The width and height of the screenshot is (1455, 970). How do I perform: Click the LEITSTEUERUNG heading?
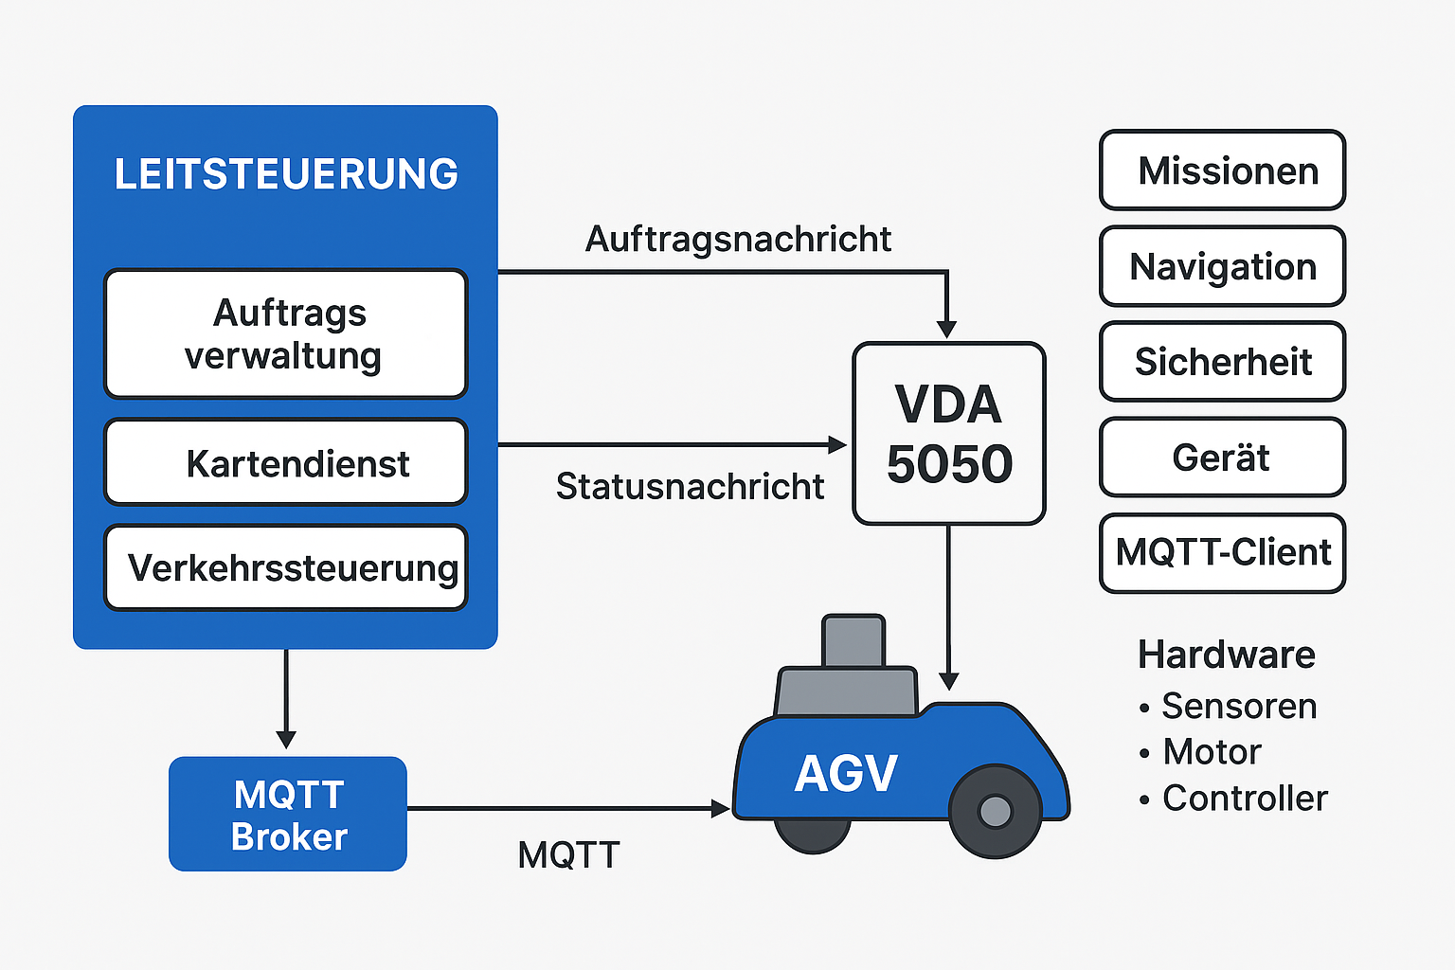pos(286,174)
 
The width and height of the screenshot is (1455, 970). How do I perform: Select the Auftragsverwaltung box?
pos(285,333)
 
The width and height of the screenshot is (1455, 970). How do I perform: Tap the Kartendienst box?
pos(285,462)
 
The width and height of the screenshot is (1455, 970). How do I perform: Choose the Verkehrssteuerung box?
pos(285,567)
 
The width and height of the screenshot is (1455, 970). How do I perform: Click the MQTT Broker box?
pos(288,814)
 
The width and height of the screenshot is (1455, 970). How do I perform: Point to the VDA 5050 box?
pos(949,434)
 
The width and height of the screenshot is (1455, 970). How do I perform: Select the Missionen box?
pos(1222,171)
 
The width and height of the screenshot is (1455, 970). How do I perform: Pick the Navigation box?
pos(1222,266)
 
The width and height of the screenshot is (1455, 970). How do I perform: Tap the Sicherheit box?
pos(1222,362)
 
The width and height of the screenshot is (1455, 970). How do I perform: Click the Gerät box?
pos(1222,458)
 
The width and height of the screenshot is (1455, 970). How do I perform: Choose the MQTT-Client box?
pos(1222,553)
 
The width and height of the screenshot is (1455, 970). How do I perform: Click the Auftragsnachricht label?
pos(738,239)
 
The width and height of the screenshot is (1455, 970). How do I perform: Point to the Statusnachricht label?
pos(690,486)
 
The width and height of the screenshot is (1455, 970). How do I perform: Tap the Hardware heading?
pos(1227,655)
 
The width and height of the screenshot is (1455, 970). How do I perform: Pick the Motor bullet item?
pos(1212,751)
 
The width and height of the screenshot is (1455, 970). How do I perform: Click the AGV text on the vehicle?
pos(845,774)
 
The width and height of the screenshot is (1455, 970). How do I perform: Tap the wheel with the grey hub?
pos(995,811)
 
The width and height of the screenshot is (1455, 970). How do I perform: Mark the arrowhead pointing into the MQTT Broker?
pos(286,740)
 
